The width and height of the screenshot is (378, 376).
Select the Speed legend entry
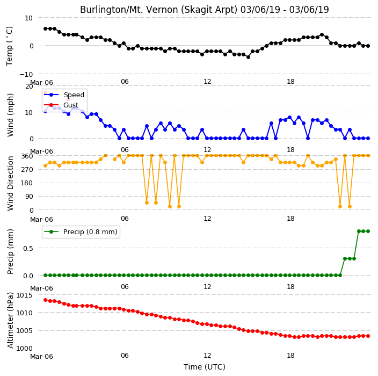tap(64, 95)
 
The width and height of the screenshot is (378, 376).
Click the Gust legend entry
tap(61, 105)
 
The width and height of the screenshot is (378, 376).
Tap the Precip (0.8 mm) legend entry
tap(81, 232)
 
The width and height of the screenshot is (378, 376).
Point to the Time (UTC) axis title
tap(205, 367)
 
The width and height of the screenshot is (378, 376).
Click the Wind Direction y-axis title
tap(10, 183)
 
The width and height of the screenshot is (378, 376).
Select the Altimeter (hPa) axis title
tap(10, 320)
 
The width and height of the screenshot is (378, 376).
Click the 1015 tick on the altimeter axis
tap(24, 295)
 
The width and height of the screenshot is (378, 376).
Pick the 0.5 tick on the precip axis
tap(28, 248)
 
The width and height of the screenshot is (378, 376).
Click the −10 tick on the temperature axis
tap(26, 75)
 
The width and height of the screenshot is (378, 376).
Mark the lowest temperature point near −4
tap(248, 57)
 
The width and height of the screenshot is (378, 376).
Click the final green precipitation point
tap(368, 232)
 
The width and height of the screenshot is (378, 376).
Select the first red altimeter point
tap(45, 300)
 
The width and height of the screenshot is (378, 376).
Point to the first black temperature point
tap(45, 28)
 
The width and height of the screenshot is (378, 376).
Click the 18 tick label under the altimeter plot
tap(290, 356)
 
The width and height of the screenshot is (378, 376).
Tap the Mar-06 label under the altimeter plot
tap(41, 357)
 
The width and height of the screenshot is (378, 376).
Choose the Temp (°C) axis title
tap(10, 46)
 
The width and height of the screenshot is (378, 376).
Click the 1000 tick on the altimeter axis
tap(24, 349)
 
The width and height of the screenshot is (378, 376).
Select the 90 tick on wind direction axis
tap(29, 197)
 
